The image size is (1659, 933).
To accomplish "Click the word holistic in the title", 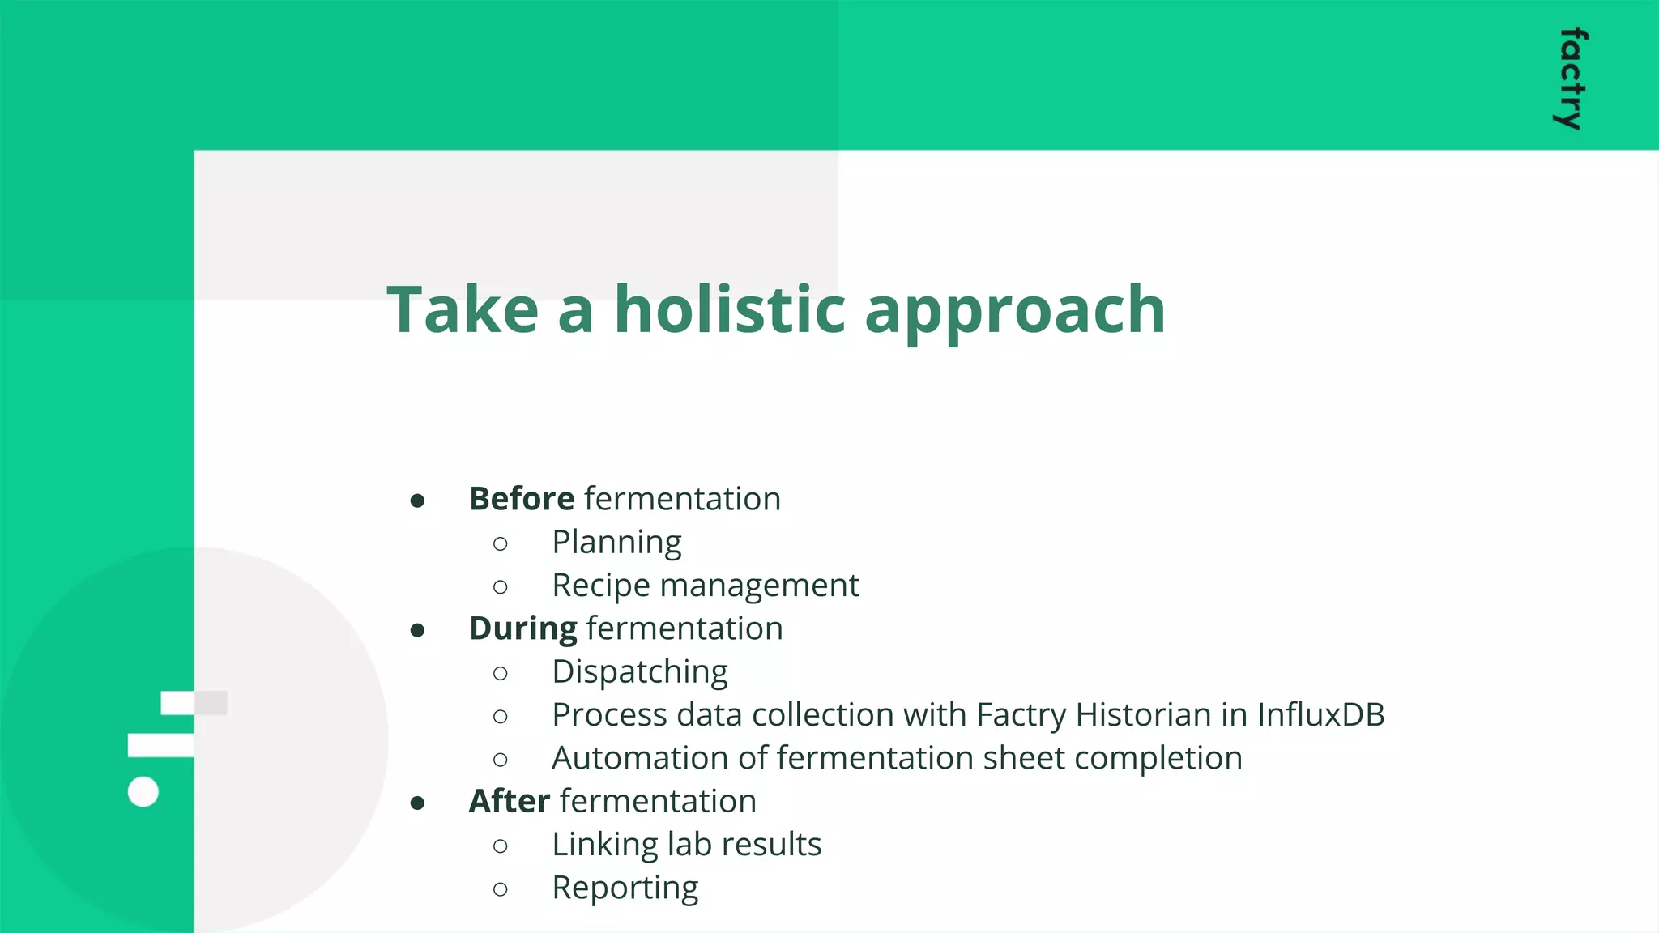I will pos(730,309).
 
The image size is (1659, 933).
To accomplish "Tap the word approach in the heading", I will pos(1014,312).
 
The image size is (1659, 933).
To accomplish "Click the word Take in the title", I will pos(463,309).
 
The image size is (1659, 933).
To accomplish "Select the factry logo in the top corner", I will pos(1572,79).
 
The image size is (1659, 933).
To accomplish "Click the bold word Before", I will pos(521,499).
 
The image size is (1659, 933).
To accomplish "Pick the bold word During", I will pos(522,629).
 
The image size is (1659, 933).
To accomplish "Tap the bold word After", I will pos(509,801).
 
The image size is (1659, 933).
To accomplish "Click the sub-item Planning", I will pos(616,543).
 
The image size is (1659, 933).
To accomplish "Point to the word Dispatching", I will pos(639,672).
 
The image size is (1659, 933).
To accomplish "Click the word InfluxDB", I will pos(1320,715).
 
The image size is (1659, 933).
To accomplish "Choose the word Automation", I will pos(659,758).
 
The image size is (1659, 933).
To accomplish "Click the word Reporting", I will pos(625,888).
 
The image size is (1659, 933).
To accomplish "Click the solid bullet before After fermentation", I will pos(417,803).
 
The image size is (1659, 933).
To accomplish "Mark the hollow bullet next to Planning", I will pos(500,543).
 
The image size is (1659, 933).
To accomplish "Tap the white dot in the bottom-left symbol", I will pos(143,791).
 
